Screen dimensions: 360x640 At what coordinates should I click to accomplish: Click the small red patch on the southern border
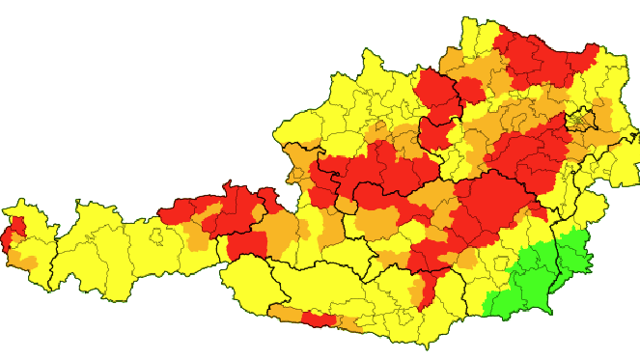pos(320,318)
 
